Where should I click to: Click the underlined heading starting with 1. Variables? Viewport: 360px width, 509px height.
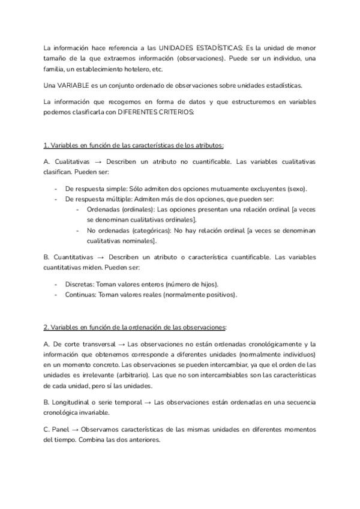[x=134, y=146]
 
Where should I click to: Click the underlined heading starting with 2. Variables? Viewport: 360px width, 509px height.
[x=135, y=327]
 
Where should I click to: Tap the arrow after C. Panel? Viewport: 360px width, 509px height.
[x=73, y=430]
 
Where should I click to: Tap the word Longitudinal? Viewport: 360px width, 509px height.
[x=76, y=402]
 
